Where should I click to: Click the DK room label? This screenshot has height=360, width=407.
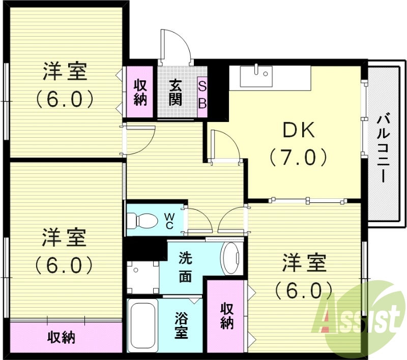tap(299, 132)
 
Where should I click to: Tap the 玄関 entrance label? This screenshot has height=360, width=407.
tap(176, 92)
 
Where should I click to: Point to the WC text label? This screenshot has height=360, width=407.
tap(169, 220)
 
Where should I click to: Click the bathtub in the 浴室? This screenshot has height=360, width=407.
tap(142, 325)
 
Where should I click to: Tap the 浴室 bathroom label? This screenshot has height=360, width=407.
tap(182, 325)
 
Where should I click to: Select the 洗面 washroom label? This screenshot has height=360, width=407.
tap(185, 267)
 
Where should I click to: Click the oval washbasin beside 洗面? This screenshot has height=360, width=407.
tap(232, 258)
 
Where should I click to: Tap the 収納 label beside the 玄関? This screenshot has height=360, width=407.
tap(140, 92)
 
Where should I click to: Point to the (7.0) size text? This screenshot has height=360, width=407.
tap(299, 158)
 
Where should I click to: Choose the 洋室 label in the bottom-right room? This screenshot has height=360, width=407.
tap(304, 264)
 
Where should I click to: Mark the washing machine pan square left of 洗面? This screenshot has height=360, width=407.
tap(143, 277)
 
